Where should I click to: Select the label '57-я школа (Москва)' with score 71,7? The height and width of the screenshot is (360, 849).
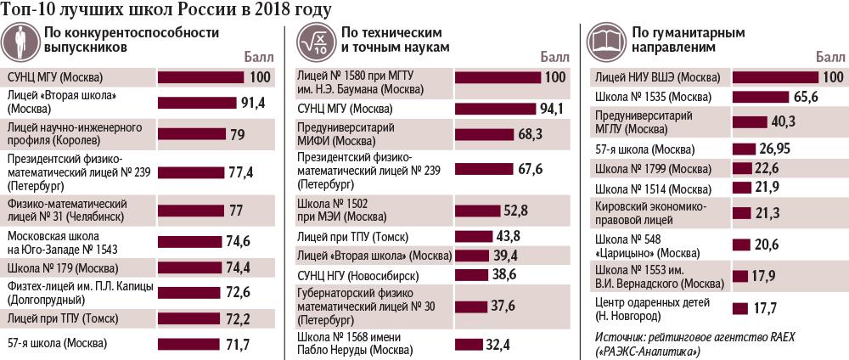(57, 344)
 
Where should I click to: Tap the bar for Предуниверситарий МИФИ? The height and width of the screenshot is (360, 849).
(486, 134)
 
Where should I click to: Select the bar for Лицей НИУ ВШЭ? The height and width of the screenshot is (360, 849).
(774, 77)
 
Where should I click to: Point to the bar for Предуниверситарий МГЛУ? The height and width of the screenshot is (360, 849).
(750, 122)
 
